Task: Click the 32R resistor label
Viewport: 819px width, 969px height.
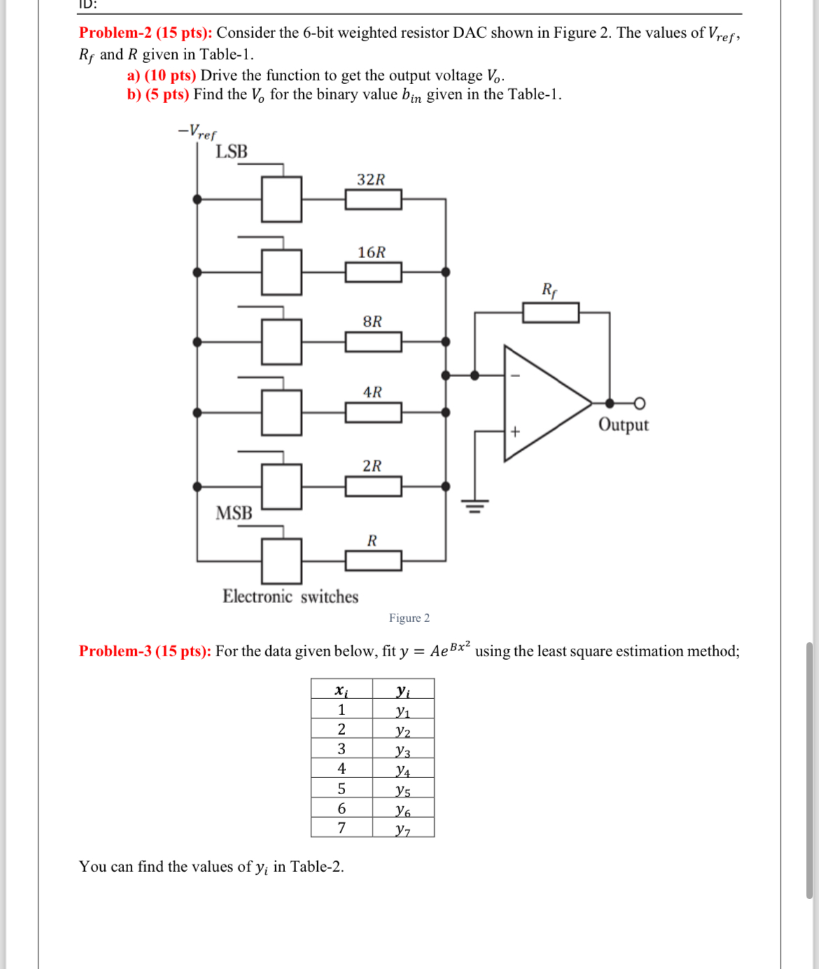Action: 371,180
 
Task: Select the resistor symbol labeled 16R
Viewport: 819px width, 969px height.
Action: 373,272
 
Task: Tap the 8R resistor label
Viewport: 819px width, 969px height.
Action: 372,322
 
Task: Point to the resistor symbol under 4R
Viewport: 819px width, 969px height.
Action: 373,413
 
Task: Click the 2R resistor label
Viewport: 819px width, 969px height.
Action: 372,466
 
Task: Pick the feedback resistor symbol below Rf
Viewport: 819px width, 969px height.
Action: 551,313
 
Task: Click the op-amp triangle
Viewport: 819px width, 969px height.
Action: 542,403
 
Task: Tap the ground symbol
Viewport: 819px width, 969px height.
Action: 475,505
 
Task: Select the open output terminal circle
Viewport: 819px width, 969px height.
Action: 639,403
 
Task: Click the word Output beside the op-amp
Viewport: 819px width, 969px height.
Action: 623,425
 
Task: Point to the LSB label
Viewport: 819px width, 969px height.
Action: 231,152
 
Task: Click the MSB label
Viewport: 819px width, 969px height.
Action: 234,514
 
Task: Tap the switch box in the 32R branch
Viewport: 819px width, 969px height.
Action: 282,199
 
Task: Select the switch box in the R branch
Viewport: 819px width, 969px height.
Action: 282,560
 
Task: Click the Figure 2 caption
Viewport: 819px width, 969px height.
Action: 409,618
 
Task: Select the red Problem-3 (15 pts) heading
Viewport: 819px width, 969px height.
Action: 145,651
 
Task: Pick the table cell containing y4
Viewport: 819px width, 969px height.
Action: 403,770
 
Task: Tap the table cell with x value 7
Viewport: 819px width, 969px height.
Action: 342,828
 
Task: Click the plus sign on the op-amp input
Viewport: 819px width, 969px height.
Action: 515,432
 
